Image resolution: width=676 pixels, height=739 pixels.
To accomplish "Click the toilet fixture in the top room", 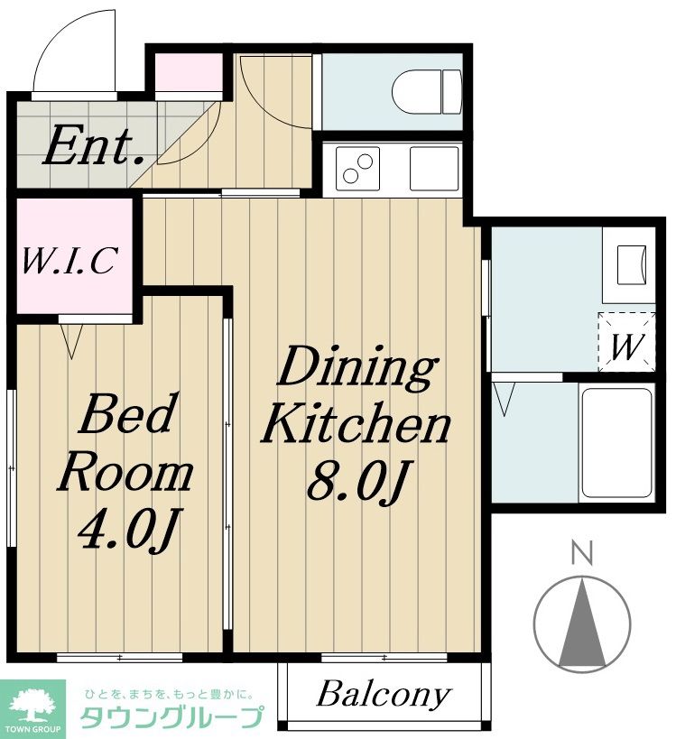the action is [427, 92].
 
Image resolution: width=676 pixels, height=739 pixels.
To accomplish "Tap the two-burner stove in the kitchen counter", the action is [357, 169].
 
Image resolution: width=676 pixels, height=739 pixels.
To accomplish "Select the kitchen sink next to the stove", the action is [434, 169].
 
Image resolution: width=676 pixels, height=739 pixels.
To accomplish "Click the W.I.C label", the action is [69, 261].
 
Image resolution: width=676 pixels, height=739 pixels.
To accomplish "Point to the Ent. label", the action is [94, 145].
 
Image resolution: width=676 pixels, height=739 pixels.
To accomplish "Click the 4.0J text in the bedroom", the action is [128, 530].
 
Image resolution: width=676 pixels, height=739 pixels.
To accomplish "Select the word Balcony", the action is [384, 695].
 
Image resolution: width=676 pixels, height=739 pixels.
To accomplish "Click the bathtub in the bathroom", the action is [616, 443].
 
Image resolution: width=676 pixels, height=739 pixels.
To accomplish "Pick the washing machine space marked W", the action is [626, 342].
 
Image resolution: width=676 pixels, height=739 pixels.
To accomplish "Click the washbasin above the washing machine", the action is [631, 265].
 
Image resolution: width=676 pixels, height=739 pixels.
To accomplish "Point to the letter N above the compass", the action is [582, 553].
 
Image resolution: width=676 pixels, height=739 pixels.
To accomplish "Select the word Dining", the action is [356, 368].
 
